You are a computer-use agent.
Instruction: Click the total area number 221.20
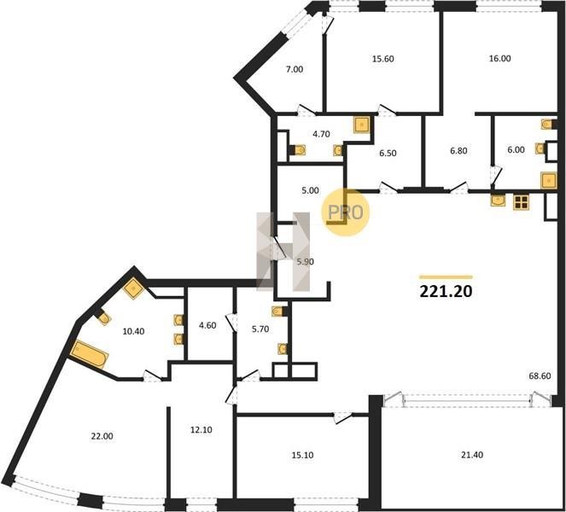pos(446,291)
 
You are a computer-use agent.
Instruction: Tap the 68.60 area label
pos(540,376)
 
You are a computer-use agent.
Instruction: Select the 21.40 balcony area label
pos(472,455)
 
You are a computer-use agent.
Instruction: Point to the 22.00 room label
pos(102,436)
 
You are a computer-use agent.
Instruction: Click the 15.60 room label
pos(383,58)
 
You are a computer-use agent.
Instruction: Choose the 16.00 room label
pos(499,58)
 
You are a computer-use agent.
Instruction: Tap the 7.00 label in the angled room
pos(295,69)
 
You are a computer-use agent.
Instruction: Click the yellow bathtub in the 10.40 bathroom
pos(89,354)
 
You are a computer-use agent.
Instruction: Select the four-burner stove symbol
pos(521,202)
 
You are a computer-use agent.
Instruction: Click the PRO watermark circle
pos(346,212)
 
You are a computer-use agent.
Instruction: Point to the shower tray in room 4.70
pos(362,125)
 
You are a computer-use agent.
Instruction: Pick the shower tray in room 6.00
pos(549,180)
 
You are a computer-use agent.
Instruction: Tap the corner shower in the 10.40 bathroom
pos(134,288)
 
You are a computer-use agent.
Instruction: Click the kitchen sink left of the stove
pos(499,201)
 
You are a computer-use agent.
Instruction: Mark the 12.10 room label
pos(201,430)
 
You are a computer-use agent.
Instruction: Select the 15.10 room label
pos(302,456)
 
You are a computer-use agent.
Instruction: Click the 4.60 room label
pos(207,325)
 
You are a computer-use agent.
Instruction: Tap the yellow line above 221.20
pos(446,277)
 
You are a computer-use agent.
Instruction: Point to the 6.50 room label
pos(388,153)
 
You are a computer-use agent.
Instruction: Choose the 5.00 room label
pos(310,190)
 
